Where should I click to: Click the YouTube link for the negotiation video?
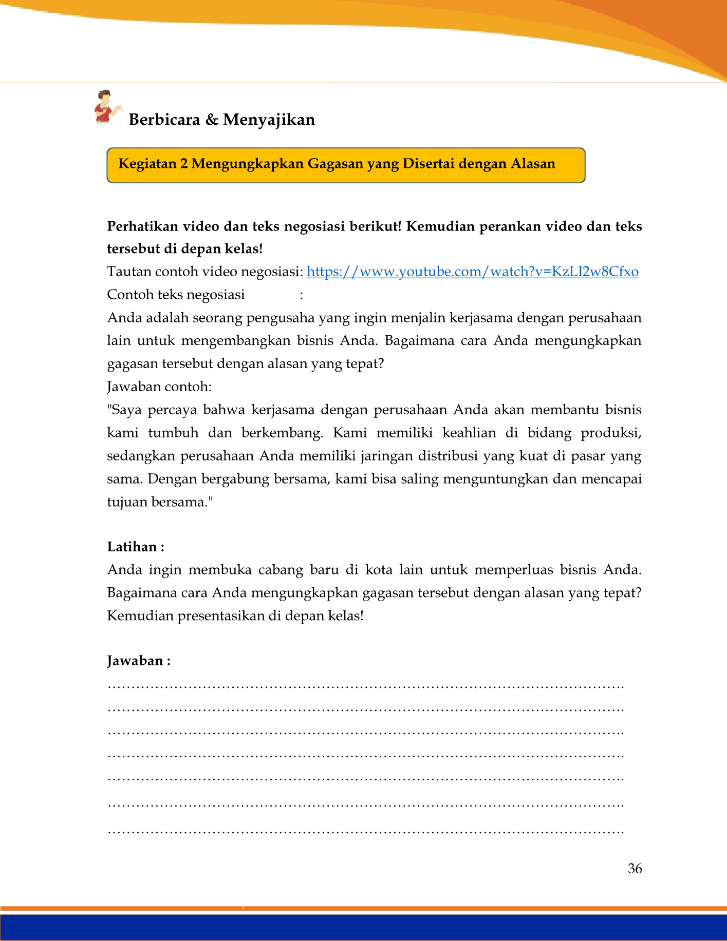(473, 272)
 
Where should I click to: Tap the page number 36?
(635, 868)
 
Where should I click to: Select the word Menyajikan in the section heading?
(269, 120)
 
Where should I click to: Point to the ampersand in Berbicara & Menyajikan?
(211, 120)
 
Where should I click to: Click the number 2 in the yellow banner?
(184, 164)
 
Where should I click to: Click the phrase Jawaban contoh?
(159, 387)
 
